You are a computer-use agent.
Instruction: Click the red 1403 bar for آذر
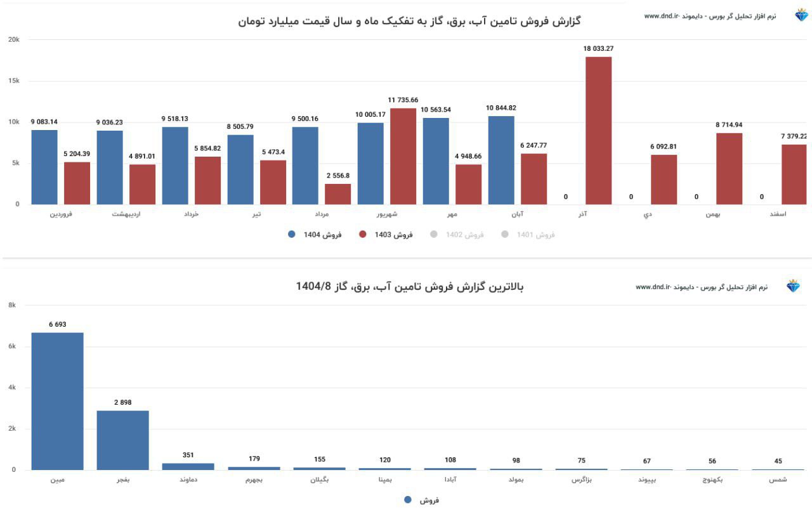(x=598, y=131)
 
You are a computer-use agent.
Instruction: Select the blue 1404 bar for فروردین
(x=44, y=167)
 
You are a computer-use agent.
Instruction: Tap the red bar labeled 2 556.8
(x=337, y=194)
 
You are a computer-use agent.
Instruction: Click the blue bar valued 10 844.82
(x=501, y=160)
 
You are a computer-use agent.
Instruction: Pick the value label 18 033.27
(x=598, y=48)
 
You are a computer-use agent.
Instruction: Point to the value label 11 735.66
(x=403, y=100)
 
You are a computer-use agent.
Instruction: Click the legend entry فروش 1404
(x=315, y=235)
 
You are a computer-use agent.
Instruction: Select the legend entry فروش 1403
(x=386, y=235)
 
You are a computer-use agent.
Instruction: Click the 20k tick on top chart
(x=13, y=39)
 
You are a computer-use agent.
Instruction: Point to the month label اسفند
(x=777, y=214)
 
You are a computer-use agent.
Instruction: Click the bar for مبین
(x=57, y=401)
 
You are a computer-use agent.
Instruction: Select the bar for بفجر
(x=122, y=440)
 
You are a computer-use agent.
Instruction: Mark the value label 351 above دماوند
(x=188, y=455)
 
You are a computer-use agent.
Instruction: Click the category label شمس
(x=778, y=480)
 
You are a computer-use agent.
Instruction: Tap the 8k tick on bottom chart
(x=12, y=305)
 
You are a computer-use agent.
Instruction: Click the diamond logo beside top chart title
(x=801, y=15)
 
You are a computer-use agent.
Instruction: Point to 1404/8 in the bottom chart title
(x=313, y=287)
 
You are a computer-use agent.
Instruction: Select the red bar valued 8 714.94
(x=729, y=169)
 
